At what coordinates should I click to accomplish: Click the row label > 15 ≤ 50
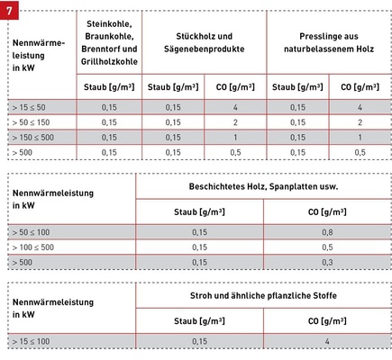tap(32, 107)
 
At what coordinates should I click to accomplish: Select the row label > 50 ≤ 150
tap(32, 121)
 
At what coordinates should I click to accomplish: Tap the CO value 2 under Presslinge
tap(360, 121)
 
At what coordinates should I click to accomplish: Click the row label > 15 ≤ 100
tap(32, 341)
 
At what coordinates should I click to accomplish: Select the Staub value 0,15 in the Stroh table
tap(199, 341)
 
